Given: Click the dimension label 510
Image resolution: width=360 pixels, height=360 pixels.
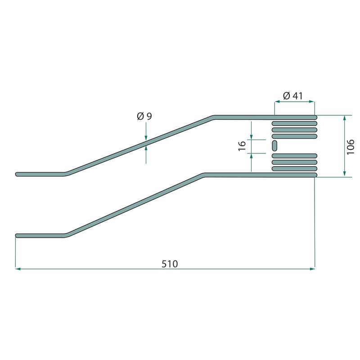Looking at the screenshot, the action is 170,264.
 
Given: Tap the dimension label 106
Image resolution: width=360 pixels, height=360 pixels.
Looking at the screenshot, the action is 351,147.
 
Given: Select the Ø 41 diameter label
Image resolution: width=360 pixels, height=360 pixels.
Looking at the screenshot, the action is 293,96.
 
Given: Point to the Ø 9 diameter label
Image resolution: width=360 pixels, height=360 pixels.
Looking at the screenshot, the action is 144,117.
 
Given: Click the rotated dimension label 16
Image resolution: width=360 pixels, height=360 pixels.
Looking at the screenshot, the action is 242,146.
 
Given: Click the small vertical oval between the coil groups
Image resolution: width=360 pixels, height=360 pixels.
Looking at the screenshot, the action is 274,145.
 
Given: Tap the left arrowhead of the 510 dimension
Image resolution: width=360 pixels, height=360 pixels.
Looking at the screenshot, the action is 18,269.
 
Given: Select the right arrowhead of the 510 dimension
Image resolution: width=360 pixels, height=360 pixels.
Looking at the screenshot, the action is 312,269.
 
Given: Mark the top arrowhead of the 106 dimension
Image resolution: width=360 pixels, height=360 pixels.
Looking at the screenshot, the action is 344,118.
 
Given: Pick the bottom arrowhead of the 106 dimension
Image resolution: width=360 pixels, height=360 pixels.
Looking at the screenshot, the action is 344,174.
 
